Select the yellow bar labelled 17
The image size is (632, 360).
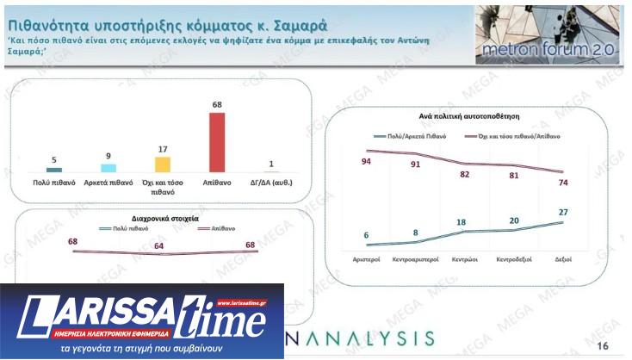point(163,164)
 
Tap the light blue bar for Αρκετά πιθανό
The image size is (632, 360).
point(108,168)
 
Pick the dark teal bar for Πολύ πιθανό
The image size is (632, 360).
point(54,170)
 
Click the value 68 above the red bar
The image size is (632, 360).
point(217,105)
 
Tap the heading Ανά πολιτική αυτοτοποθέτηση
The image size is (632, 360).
point(468,115)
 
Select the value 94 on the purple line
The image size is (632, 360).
point(367,161)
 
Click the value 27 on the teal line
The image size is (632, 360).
point(563,211)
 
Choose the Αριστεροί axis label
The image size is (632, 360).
point(368,258)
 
